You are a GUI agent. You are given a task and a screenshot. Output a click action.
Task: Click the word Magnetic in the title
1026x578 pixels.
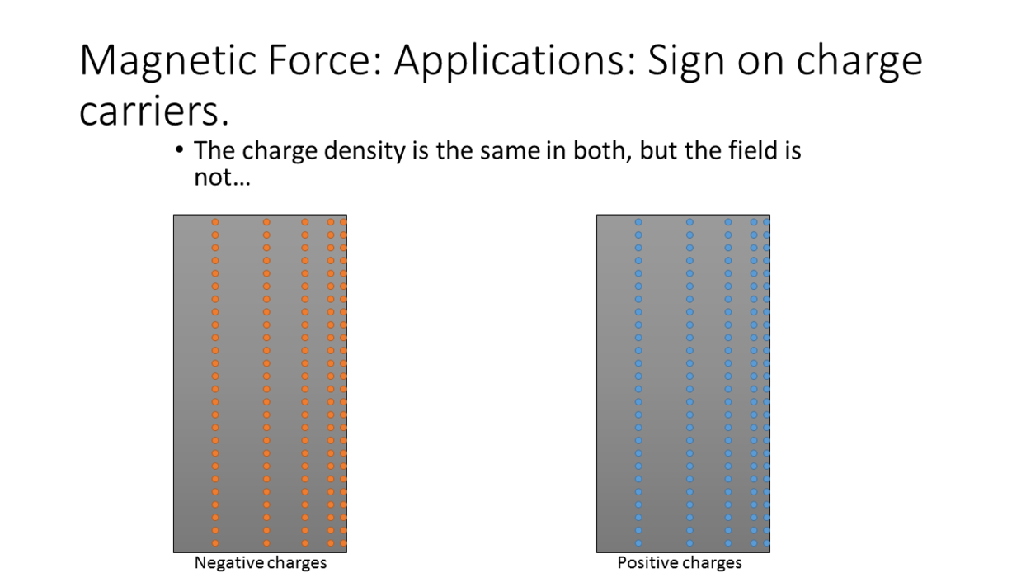[x=167, y=60]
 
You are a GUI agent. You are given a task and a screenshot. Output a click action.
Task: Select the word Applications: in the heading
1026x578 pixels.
[x=515, y=61]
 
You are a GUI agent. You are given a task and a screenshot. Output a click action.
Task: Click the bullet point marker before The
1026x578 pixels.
[x=179, y=149]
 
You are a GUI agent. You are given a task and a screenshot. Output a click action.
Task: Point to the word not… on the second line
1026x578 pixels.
[x=222, y=177]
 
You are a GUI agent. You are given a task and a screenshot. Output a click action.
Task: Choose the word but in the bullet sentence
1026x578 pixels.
[x=659, y=150]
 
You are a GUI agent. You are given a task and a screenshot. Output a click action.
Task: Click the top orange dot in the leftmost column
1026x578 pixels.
[x=215, y=222]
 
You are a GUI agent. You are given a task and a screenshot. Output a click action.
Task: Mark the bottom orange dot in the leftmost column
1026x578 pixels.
[x=215, y=543]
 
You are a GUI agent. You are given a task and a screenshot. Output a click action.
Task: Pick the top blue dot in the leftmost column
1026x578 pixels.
[x=638, y=222]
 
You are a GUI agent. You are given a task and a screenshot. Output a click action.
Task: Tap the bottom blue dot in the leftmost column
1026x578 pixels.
[x=638, y=543]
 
